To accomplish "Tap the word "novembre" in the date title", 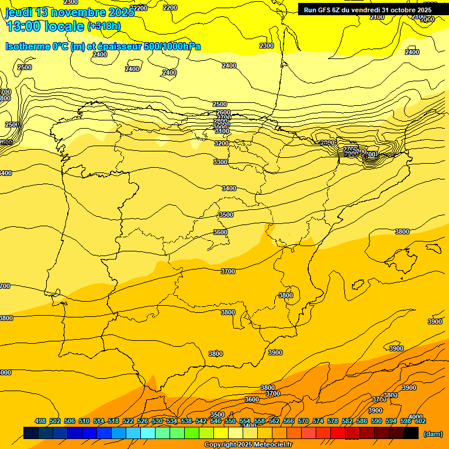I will (x=77, y=13).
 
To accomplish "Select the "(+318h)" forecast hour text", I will (x=103, y=26).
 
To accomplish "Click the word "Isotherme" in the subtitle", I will (x=27, y=46).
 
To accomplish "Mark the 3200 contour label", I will (x=221, y=143).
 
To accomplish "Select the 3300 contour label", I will (x=220, y=162).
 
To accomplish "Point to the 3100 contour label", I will (x=222, y=132).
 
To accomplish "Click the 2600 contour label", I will (x=223, y=113).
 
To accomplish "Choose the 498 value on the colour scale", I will (x=40, y=421).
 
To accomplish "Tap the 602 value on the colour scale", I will (x=420, y=421).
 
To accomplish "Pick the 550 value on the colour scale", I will (x=230, y=421).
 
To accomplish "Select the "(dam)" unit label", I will (x=433, y=433).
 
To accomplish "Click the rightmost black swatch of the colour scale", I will (x=411, y=433).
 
